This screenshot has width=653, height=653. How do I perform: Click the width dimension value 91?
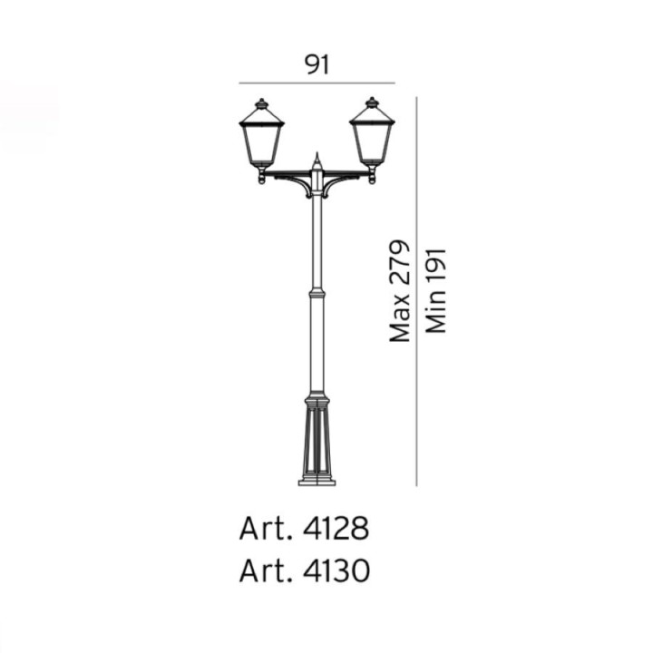(x=317, y=64)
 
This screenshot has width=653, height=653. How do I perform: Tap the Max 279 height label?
(x=400, y=291)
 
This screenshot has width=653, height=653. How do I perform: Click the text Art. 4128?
(x=304, y=529)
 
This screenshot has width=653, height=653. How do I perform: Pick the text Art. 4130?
(x=304, y=572)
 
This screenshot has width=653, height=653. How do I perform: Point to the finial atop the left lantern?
(x=260, y=102)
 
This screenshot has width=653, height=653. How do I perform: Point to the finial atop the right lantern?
(x=372, y=102)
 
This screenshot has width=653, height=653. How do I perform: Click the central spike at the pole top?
(x=317, y=160)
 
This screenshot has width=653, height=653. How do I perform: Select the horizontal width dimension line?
(x=317, y=83)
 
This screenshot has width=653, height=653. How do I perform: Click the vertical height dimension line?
(x=416, y=290)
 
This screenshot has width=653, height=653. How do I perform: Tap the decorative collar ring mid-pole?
(x=317, y=295)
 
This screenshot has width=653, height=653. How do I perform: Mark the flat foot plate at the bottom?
(x=317, y=481)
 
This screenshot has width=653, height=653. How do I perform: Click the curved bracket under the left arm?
(x=292, y=184)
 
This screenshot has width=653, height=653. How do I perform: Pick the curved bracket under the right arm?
(x=341, y=184)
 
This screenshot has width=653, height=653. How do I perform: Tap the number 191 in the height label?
(x=437, y=268)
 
